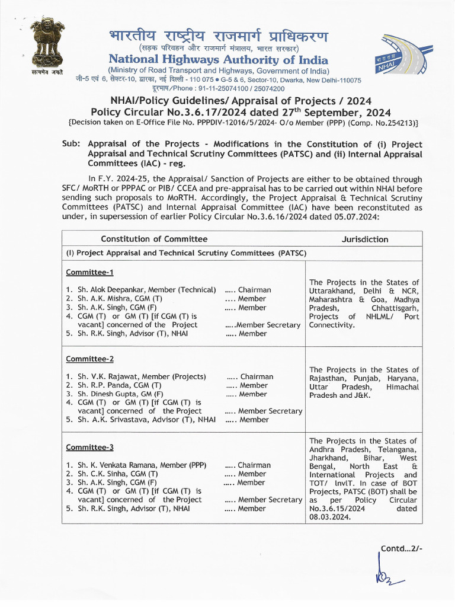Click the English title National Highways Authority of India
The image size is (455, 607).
218,60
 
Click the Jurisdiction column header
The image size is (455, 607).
365,239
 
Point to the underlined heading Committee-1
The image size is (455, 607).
89,272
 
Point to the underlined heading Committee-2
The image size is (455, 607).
89,359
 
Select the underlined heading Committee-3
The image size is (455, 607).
89,447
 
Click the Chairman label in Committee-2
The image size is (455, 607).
257,377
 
